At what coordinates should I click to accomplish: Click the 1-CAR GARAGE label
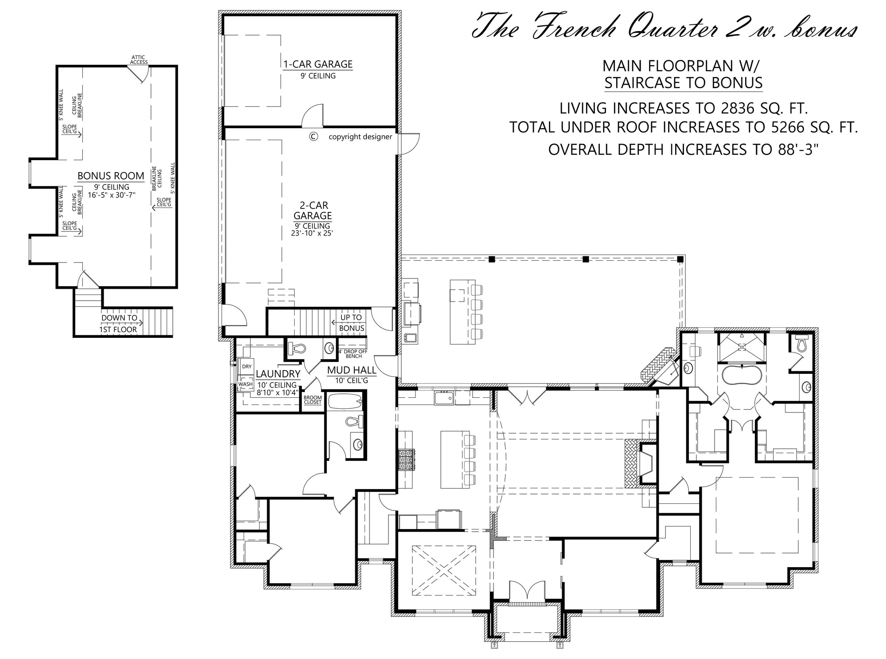[x=318, y=64]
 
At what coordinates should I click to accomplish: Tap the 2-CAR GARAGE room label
[x=313, y=211]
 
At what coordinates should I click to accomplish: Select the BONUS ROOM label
[x=111, y=176]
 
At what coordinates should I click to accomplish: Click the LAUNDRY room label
[x=278, y=374]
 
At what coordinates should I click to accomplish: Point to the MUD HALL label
[x=352, y=370]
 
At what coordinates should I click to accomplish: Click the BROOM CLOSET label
[x=313, y=400]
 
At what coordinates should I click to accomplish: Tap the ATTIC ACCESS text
[x=139, y=60]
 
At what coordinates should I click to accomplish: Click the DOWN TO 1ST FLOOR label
[x=119, y=324]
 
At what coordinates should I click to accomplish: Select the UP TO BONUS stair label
[x=351, y=323]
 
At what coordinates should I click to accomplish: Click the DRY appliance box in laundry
[x=247, y=367]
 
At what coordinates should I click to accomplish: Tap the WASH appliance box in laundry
[x=245, y=384]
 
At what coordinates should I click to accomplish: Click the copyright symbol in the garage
[x=313, y=137]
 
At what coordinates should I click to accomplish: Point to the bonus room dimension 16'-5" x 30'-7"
[x=112, y=195]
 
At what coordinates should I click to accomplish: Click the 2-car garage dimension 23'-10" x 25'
[x=312, y=233]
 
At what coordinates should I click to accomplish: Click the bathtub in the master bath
[x=742, y=375]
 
